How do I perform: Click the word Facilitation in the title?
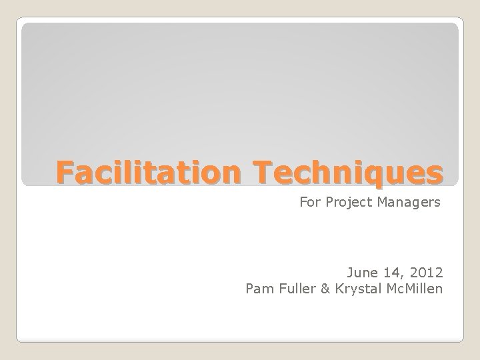151,172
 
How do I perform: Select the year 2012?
426,273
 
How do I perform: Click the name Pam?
259,289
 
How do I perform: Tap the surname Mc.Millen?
414,289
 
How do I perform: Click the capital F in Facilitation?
63,172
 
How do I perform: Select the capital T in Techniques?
263,172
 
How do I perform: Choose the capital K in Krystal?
339,289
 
